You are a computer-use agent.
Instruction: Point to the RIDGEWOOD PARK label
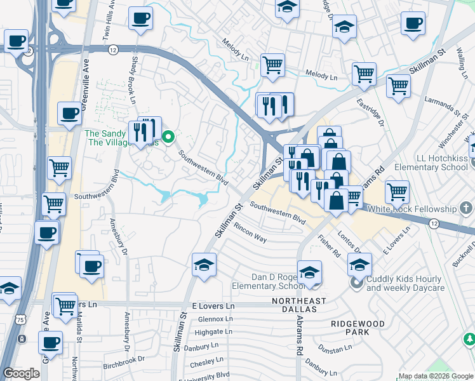tap(358, 328)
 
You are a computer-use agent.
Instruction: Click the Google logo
tap(22, 373)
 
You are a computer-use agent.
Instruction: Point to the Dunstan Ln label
tap(337, 349)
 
